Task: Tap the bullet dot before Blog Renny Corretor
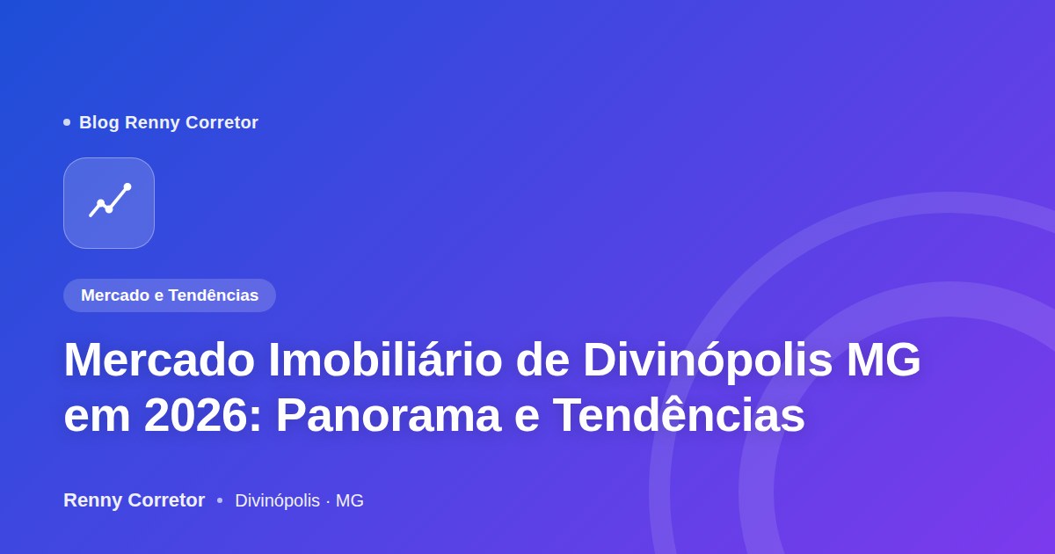pos(67,122)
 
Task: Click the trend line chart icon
pos(110,200)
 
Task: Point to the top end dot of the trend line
pos(127,187)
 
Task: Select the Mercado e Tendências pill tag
pos(170,295)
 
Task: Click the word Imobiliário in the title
pos(385,361)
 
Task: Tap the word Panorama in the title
pos(389,415)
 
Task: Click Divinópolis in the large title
pos(708,361)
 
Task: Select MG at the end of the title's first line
pos(883,361)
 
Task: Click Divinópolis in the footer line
pos(278,500)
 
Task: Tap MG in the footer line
pos(350,500)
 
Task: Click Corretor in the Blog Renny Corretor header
pos(222,122)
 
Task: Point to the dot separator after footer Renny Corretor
pos(220,500)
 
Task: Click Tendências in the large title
pos(679,414)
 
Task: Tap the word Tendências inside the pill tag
pos(214,295)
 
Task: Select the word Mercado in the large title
pos(159,361)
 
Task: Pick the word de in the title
pos(542,361)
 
